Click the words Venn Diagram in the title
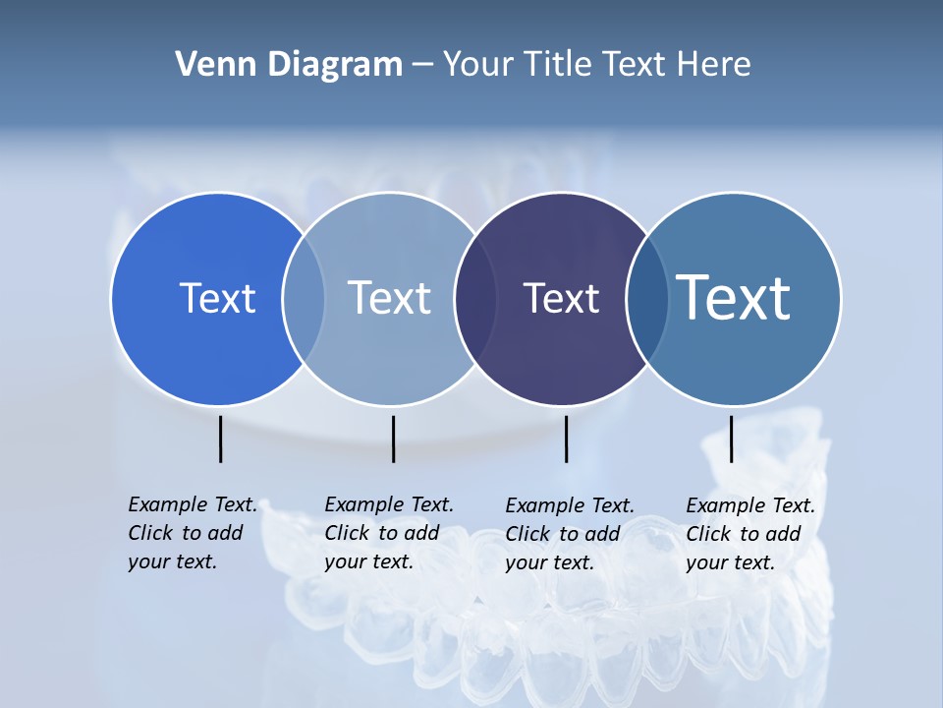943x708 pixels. point(288,65)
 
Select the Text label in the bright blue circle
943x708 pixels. point(217,298)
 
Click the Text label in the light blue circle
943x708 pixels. point(389,298)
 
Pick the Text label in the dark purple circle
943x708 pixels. point(561,298)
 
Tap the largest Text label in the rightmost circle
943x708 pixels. point(733,298)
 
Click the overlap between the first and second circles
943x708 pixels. point(304,299)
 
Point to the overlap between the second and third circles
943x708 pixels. point(475,299)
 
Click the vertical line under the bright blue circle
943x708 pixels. point(220,439)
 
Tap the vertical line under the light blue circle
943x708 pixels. point(393,439)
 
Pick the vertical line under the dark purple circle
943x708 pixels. point(566,439)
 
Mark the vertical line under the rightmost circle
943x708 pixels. point(731,439)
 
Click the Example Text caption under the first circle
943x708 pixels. point(193,533)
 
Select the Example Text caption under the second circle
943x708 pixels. point(389,533)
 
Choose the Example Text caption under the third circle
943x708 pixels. point(570,534)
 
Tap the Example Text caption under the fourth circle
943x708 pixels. point(750,534)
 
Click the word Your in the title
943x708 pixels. point(478,65)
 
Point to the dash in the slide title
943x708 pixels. point(422,66)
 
